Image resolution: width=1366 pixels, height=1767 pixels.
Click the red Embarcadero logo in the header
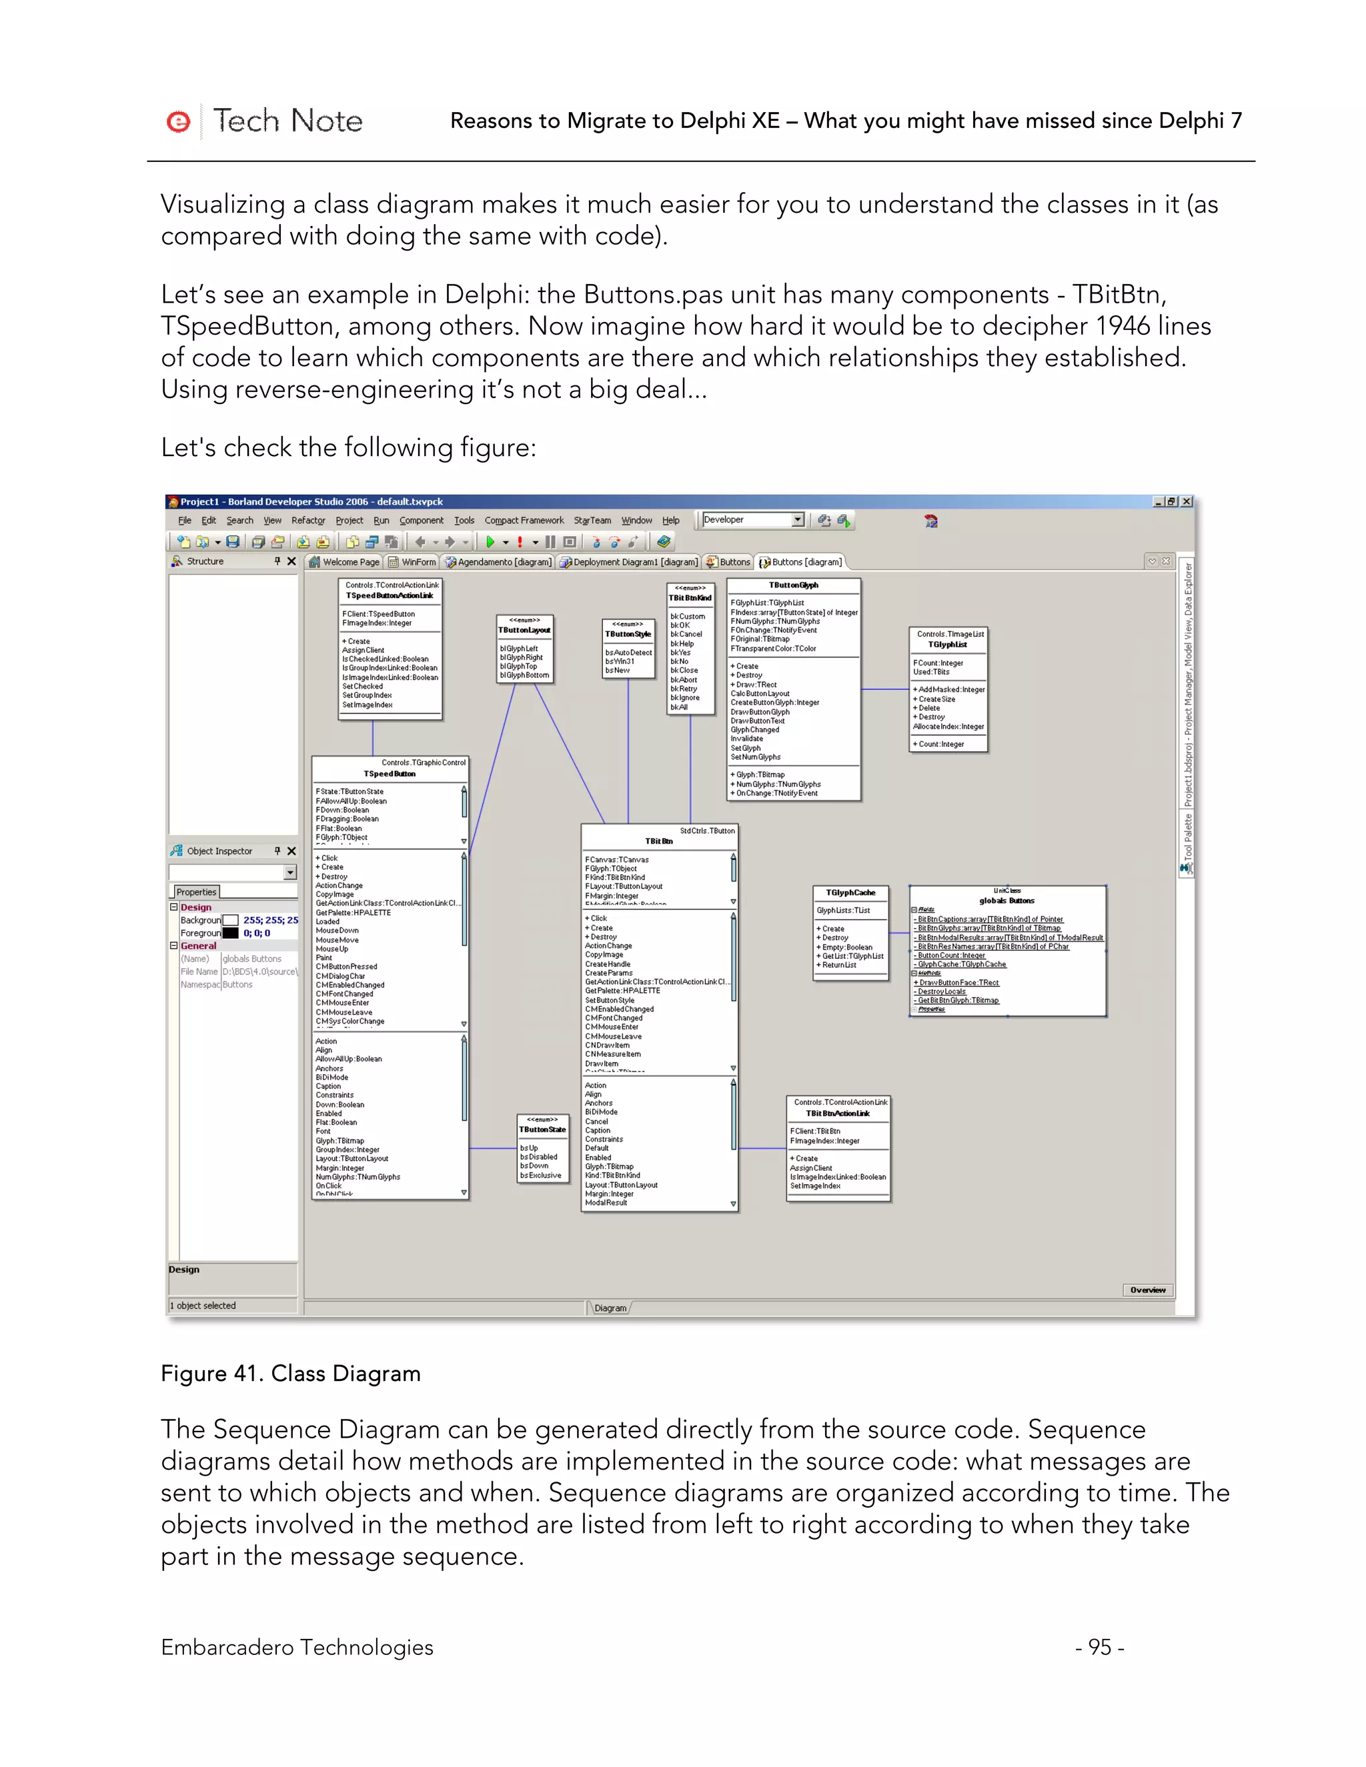point(178,122)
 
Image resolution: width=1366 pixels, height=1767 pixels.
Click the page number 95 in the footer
point(1099,1646)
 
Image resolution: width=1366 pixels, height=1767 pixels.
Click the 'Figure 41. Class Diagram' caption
point(291,1373)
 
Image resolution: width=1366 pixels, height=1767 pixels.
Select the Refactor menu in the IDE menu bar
point(307,520)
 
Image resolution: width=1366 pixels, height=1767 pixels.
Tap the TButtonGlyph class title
point(793,585)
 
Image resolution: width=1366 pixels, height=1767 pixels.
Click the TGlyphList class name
point(948,645)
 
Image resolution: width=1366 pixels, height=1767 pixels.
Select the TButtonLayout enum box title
point(524,629)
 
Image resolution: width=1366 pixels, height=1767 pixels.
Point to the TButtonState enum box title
point(542,1130)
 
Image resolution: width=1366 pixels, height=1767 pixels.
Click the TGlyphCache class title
point(850,892)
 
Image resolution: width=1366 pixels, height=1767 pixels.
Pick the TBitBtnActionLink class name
point(838,1114)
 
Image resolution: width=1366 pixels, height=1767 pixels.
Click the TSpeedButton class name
point(390,773)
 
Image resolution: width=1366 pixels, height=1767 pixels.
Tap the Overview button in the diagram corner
point(1147,1290)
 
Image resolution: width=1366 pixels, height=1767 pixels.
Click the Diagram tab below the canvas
point(610,1308)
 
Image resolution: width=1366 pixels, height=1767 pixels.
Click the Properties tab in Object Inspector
point(197,892)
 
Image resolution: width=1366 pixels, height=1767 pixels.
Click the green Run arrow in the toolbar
point(490,542)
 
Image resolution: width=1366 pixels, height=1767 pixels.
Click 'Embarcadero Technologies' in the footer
point(297,1646)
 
